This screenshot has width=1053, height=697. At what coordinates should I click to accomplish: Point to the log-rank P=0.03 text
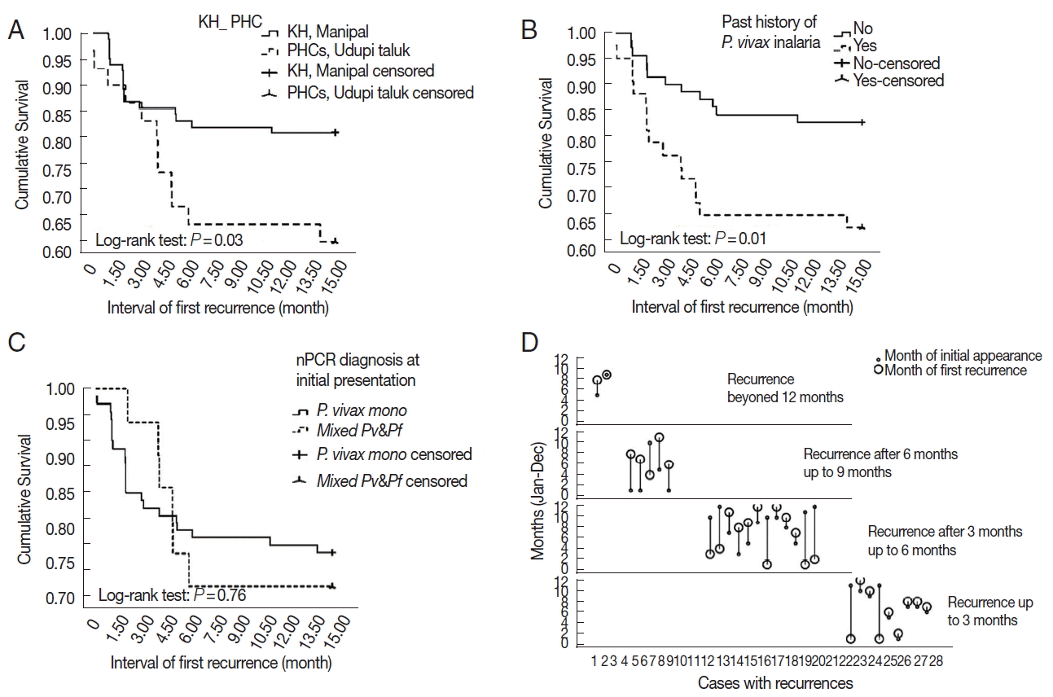click(x=169, y=240)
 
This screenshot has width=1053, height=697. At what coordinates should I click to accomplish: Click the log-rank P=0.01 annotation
click(x=692, y=239)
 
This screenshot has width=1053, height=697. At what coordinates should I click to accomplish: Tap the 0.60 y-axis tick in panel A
click(x=59, y=251)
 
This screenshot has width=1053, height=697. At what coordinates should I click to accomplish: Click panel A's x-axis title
click(x=218, y=309)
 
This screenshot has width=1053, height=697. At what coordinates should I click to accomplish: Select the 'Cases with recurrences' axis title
click(x=764, y=682)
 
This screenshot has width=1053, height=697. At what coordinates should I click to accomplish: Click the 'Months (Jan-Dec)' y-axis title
click(x=538, y=499)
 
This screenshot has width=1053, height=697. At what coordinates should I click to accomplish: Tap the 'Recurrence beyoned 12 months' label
click(x=785, y=388)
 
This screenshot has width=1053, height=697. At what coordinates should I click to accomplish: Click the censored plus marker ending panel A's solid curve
click(x=335, y=133)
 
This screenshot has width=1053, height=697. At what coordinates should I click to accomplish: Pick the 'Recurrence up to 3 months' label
click(x=989, y=612)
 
